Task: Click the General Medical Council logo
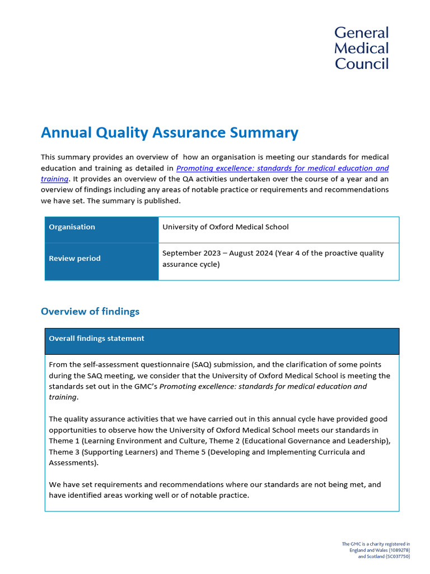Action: pos(361,48)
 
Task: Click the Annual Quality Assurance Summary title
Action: pos(169,133)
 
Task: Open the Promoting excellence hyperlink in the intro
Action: pos(282,168)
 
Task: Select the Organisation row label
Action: pos(72,227)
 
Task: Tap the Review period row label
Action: pos(74,258)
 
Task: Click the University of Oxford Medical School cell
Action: pos(225,227)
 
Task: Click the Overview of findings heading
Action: pos(90,311)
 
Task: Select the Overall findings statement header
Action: pos(96,339)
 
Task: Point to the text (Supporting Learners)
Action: pos(116,452)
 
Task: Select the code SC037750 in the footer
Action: pos(397,556)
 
